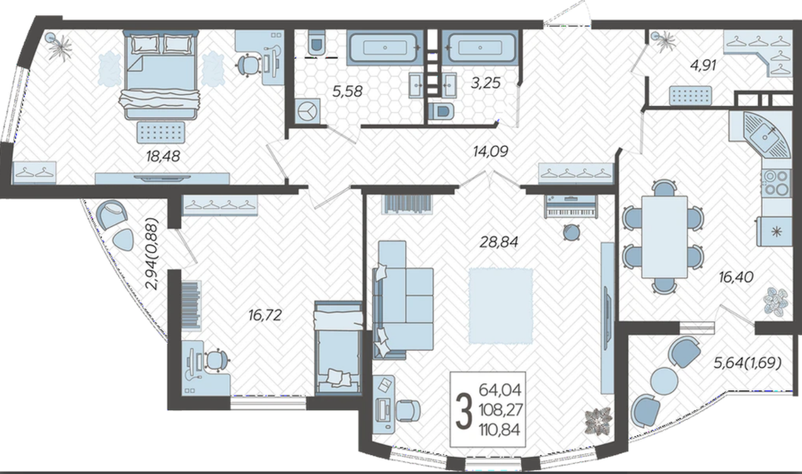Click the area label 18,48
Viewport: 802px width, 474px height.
pos(163,156)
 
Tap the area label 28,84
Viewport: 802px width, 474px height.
pos(498,242)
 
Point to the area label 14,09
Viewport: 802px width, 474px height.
pos(490,151)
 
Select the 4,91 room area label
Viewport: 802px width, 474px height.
pos(704,66)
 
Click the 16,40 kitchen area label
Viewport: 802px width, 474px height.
pos(736,276)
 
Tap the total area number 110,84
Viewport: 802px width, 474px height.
pos(500,430)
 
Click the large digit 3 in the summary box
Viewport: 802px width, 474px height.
pos(464,410)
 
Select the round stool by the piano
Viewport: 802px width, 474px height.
pos(571,233)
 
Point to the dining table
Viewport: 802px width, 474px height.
pos(664,237)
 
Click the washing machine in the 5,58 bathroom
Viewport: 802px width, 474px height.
pos(307,111)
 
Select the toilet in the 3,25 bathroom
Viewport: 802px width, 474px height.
pos(441,111)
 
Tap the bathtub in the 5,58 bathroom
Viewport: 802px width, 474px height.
pos(385,47)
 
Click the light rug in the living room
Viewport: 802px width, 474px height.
pos(500,306)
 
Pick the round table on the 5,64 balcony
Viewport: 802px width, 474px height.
pos(664,381)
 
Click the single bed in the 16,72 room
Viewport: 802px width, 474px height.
pos(338,348)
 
